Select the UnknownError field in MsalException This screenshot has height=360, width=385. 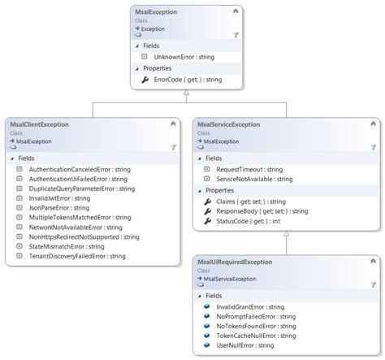click(184, 57)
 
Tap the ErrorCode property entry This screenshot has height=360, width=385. click(188, 80)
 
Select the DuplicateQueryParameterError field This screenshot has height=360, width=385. click(82, 188)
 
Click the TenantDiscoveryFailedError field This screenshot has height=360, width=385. click(77, 256)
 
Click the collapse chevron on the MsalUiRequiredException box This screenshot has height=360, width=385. click(373, 262)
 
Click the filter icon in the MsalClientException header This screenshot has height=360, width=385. click(173, 147)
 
